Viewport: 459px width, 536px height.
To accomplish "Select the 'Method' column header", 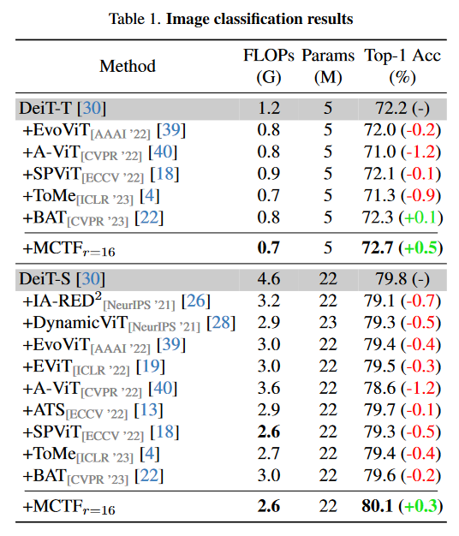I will coord(128,66).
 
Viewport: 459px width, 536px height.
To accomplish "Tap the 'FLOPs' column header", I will coord(269,57).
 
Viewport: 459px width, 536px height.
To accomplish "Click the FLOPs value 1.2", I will coord(269,107).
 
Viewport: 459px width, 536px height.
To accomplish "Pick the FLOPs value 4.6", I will coord(269,278).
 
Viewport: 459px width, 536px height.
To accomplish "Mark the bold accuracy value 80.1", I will coord(378,506).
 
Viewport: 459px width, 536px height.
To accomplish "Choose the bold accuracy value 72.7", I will coord(378,248).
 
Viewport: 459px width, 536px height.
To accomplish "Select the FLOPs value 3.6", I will coord(269,389).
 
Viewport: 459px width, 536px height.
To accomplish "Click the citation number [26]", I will coord(197,301).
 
